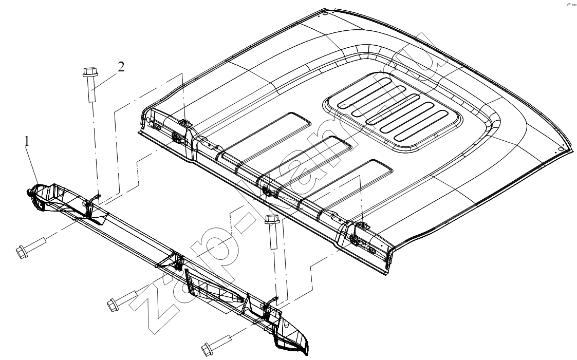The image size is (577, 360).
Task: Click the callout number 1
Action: tap(27, 142)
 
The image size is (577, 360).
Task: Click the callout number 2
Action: tap(121, 67)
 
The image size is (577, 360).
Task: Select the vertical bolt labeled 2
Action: tap(90, 85)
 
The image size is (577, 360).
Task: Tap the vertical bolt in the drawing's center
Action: tap(272, 232)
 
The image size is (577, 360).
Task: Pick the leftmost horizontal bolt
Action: tap(31, 248)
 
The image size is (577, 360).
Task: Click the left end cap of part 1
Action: tap(41, 197)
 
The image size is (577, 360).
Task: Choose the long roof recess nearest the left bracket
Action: tap(266, 134)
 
